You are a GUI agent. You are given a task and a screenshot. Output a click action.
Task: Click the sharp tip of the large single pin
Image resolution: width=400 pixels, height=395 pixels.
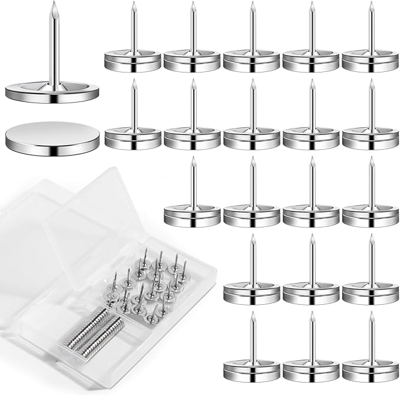[53, 4]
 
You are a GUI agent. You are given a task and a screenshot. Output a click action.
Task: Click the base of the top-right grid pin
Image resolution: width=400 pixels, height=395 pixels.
[371, 62]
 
